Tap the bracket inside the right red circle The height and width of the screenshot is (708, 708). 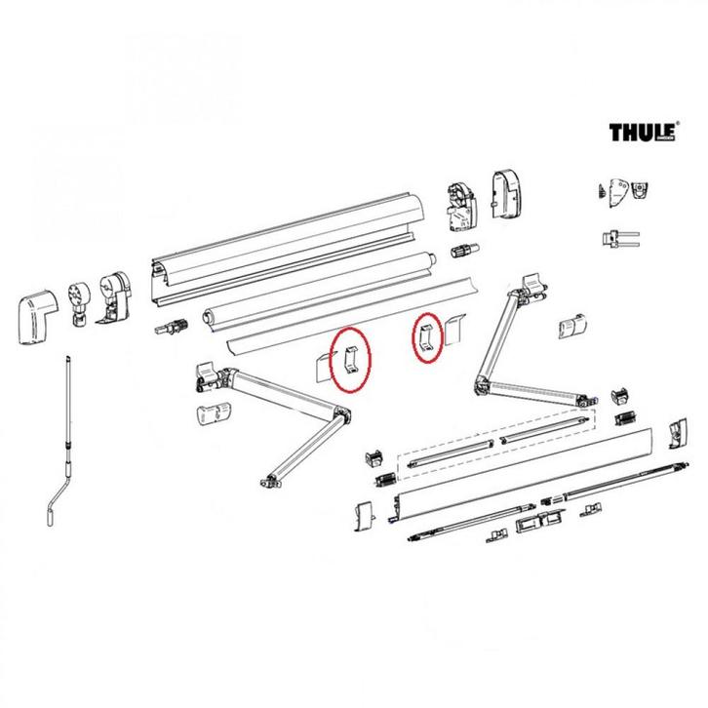tap(426, 336)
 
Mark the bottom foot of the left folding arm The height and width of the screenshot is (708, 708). tap(271, 479)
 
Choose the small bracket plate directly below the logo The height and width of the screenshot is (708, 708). tap(620, 192)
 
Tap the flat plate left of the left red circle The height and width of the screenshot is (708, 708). tap(321, 366)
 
